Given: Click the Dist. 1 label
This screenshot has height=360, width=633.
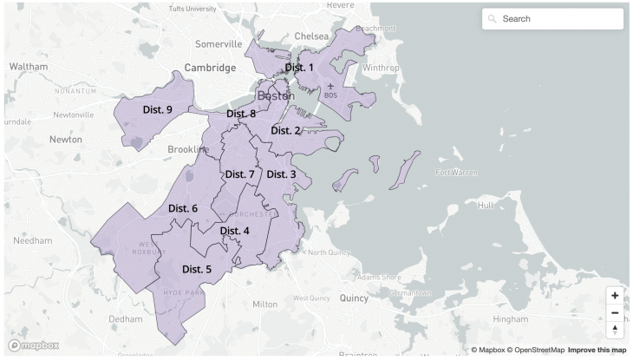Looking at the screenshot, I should pyautogui.click(x=299, y=67).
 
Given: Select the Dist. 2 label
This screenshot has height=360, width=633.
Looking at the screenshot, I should pyautogui.click(x=285, y=130).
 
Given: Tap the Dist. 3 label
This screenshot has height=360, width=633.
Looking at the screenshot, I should pyautogui.click(x=281, y=174).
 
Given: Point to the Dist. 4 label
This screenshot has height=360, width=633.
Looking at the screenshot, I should pyautogui.click(x=234, y=231).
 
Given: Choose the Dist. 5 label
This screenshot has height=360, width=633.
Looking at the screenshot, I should pyautogui.click(x=197, y=269).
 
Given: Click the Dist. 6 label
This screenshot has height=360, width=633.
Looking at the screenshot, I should pyautogui.click(x=183, y=208).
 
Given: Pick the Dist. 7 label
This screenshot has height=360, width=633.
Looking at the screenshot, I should pyautogui.click(x=239, y=174).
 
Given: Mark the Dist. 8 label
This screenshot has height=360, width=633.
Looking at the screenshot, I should pyautogui.click(x=241, y=114).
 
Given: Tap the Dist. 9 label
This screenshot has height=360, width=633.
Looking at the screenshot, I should pyautogui.click(x=157, y=109).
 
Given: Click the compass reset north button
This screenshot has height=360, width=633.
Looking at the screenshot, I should pyautogui.click(x=615, y=331).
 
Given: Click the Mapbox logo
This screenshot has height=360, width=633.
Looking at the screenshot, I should pyautogui.click(x=34, y=345).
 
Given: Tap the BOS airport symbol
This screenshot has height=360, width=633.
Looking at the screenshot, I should pyautogui.click(x=330, y=88).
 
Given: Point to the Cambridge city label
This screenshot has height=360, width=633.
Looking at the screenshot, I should pyautogui.click(x=210, y=68).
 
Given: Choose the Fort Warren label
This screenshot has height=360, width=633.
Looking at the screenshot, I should pyautogui.click(x=456, y=172).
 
